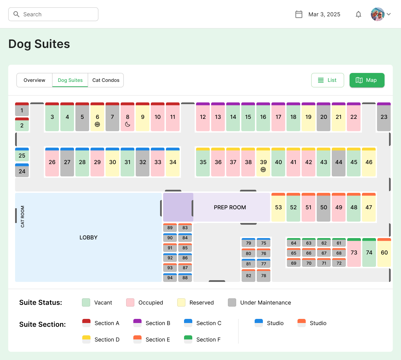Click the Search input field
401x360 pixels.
click(x=53, y=14)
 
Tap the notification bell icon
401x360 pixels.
click(x=359, y=14)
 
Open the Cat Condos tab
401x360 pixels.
click(x=106, y=80)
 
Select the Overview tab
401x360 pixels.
click(x=34, y=80)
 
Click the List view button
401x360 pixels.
click(x=327, y=80)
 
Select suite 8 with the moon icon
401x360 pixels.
click(x=127, y=117)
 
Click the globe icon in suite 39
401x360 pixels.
click(x=263, y=170)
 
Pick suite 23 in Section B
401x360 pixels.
click(x=384, y=117)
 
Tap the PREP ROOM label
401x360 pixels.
click(x=230, y=208)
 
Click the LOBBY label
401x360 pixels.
click(x=88, y=238)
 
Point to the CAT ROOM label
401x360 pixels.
click(x=23, y=217)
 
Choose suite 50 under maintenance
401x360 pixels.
click(x=324, y=208)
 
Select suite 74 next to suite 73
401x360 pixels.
click(x=369, y=253)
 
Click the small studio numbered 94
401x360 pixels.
click(x=170, y=278)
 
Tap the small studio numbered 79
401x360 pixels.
click(x=248, y=243)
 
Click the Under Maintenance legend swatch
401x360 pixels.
click(x=232, y=302)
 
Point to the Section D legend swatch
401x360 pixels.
click(x=86, y=339)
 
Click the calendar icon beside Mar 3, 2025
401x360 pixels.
click(x=299, y=14)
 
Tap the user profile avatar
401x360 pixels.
click(x=378, y=14)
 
